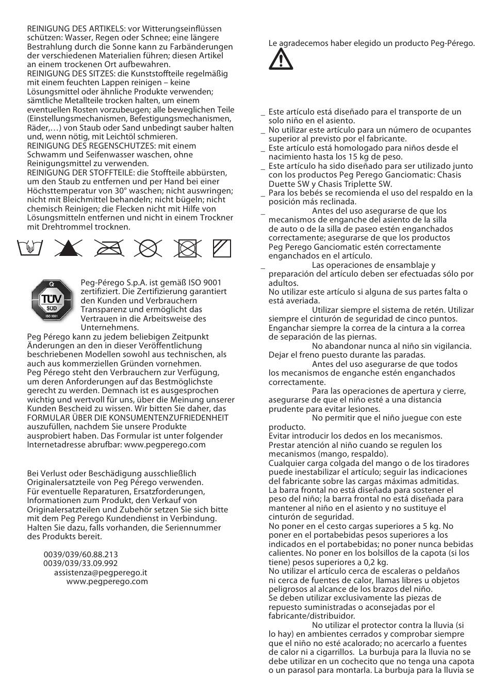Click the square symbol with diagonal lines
tap(222, 249)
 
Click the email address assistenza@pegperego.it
tap(101, 573)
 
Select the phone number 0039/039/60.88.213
tap(80, 555)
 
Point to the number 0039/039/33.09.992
tap(80, 563)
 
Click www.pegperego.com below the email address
tap(107, 582)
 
